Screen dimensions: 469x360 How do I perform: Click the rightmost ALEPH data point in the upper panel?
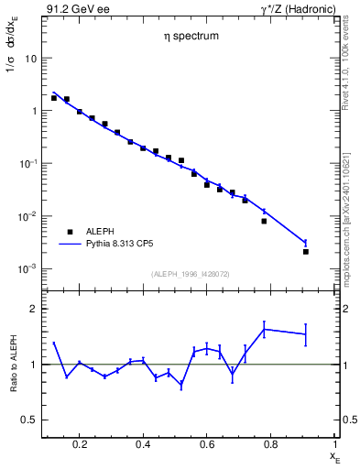[305, 251]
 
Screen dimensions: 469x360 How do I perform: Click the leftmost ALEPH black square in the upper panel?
[54, 98]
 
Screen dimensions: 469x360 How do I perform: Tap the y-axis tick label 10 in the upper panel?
[30, 58]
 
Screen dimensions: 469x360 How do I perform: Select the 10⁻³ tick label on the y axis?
[27, 269]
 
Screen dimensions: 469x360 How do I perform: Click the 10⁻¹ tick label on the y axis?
[27, 164]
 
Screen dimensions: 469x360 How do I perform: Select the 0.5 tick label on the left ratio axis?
[29, 420]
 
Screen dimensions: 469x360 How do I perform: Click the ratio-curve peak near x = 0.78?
[264, 329]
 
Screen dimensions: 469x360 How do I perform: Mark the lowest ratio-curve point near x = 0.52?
[181, 386]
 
